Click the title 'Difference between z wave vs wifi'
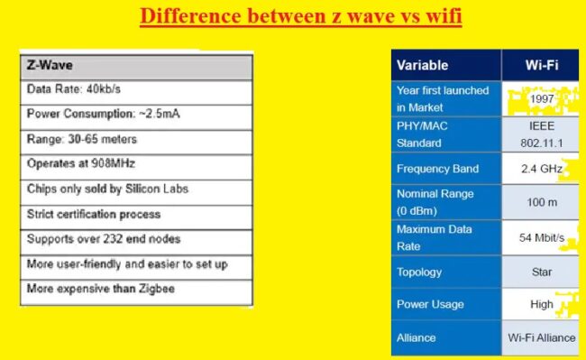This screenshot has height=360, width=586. point(300,17)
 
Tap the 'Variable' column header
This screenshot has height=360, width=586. point(422,65)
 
